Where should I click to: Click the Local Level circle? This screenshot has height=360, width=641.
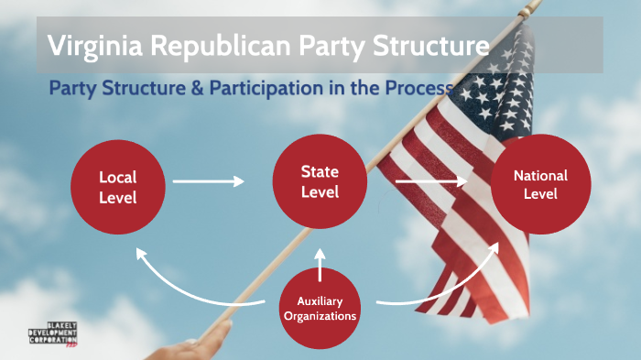[117, 183]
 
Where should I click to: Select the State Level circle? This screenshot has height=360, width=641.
[320, 181]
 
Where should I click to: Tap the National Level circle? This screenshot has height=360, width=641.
[539, 183]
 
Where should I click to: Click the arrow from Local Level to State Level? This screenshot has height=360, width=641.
[209, 181]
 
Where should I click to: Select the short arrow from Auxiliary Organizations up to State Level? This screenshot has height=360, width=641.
[320, 262]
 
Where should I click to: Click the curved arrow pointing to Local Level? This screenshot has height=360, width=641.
[183, 279]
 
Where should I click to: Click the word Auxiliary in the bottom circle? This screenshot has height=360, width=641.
[320, 301]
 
